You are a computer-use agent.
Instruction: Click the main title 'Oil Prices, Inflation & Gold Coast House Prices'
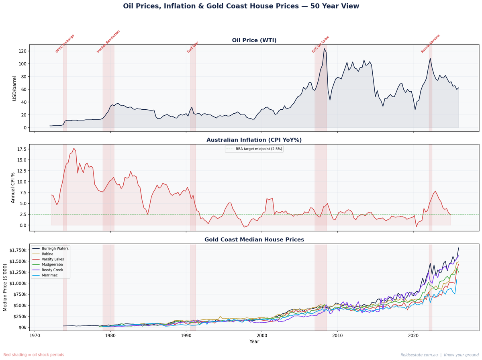pyautogui.click(x=241, y=6)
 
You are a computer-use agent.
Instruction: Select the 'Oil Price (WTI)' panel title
pyautogui.click(x=254, y=40)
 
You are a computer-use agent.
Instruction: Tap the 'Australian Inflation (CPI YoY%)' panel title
pyautogui.click(x=254, y=140)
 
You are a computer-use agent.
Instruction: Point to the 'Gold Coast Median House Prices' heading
pyautogui.click(x=254, y=239)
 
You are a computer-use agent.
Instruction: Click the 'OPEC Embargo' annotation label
pyautogui.click(x=65, y=44)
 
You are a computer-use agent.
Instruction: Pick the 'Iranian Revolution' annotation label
pyautogui.click(x=108, y=41)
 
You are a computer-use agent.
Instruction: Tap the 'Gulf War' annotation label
pyautogui.click(x=193, y=47)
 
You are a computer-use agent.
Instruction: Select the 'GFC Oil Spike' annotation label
pyautogui.click(x=321, y=44)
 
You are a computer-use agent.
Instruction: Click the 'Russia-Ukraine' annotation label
pyautogui.click(x=431, y=44)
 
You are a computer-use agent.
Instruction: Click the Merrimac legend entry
pyautogui.click(x=51, y=275)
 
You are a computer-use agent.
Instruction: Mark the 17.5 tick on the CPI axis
pyautogui.click(x=21, y=149)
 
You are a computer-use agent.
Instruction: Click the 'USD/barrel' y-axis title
pyautogui.click(x=14, y=88)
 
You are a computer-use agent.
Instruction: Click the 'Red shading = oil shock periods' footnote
pyautogui.click(x=34, y=355)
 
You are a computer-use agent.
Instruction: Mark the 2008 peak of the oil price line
pyautogui.click(x=324, y=49)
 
